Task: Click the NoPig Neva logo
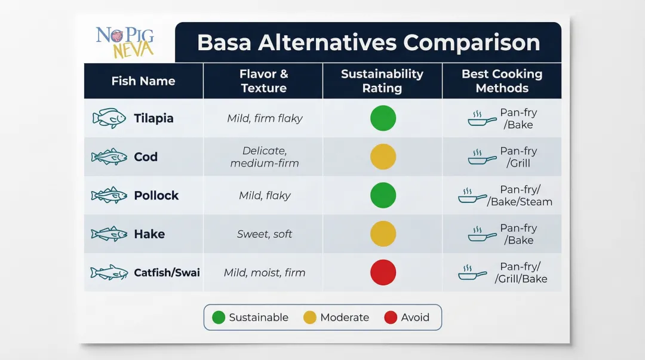(125, 42)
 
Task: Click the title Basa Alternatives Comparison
(368, 42)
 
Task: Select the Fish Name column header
(143, 81)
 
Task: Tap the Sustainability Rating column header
(382, 81)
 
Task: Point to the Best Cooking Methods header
(502, 81)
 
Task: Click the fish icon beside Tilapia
(109, 118)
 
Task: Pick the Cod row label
(146, 157)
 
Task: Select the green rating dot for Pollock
(383, 195)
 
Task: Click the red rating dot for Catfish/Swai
(383, 272)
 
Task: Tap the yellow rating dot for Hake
(383, 234)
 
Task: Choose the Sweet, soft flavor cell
(265, 234)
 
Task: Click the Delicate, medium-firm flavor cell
(265, 157)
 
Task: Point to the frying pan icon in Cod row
(482, 158)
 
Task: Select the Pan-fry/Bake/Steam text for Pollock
(520, 196)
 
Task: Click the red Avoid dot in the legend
(391, 318)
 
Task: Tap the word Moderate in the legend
(345, 318)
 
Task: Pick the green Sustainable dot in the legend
(219, 318)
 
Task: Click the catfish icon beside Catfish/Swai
(109, 273)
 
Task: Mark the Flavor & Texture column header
(263, 81)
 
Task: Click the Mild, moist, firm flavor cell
(265, 273)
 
